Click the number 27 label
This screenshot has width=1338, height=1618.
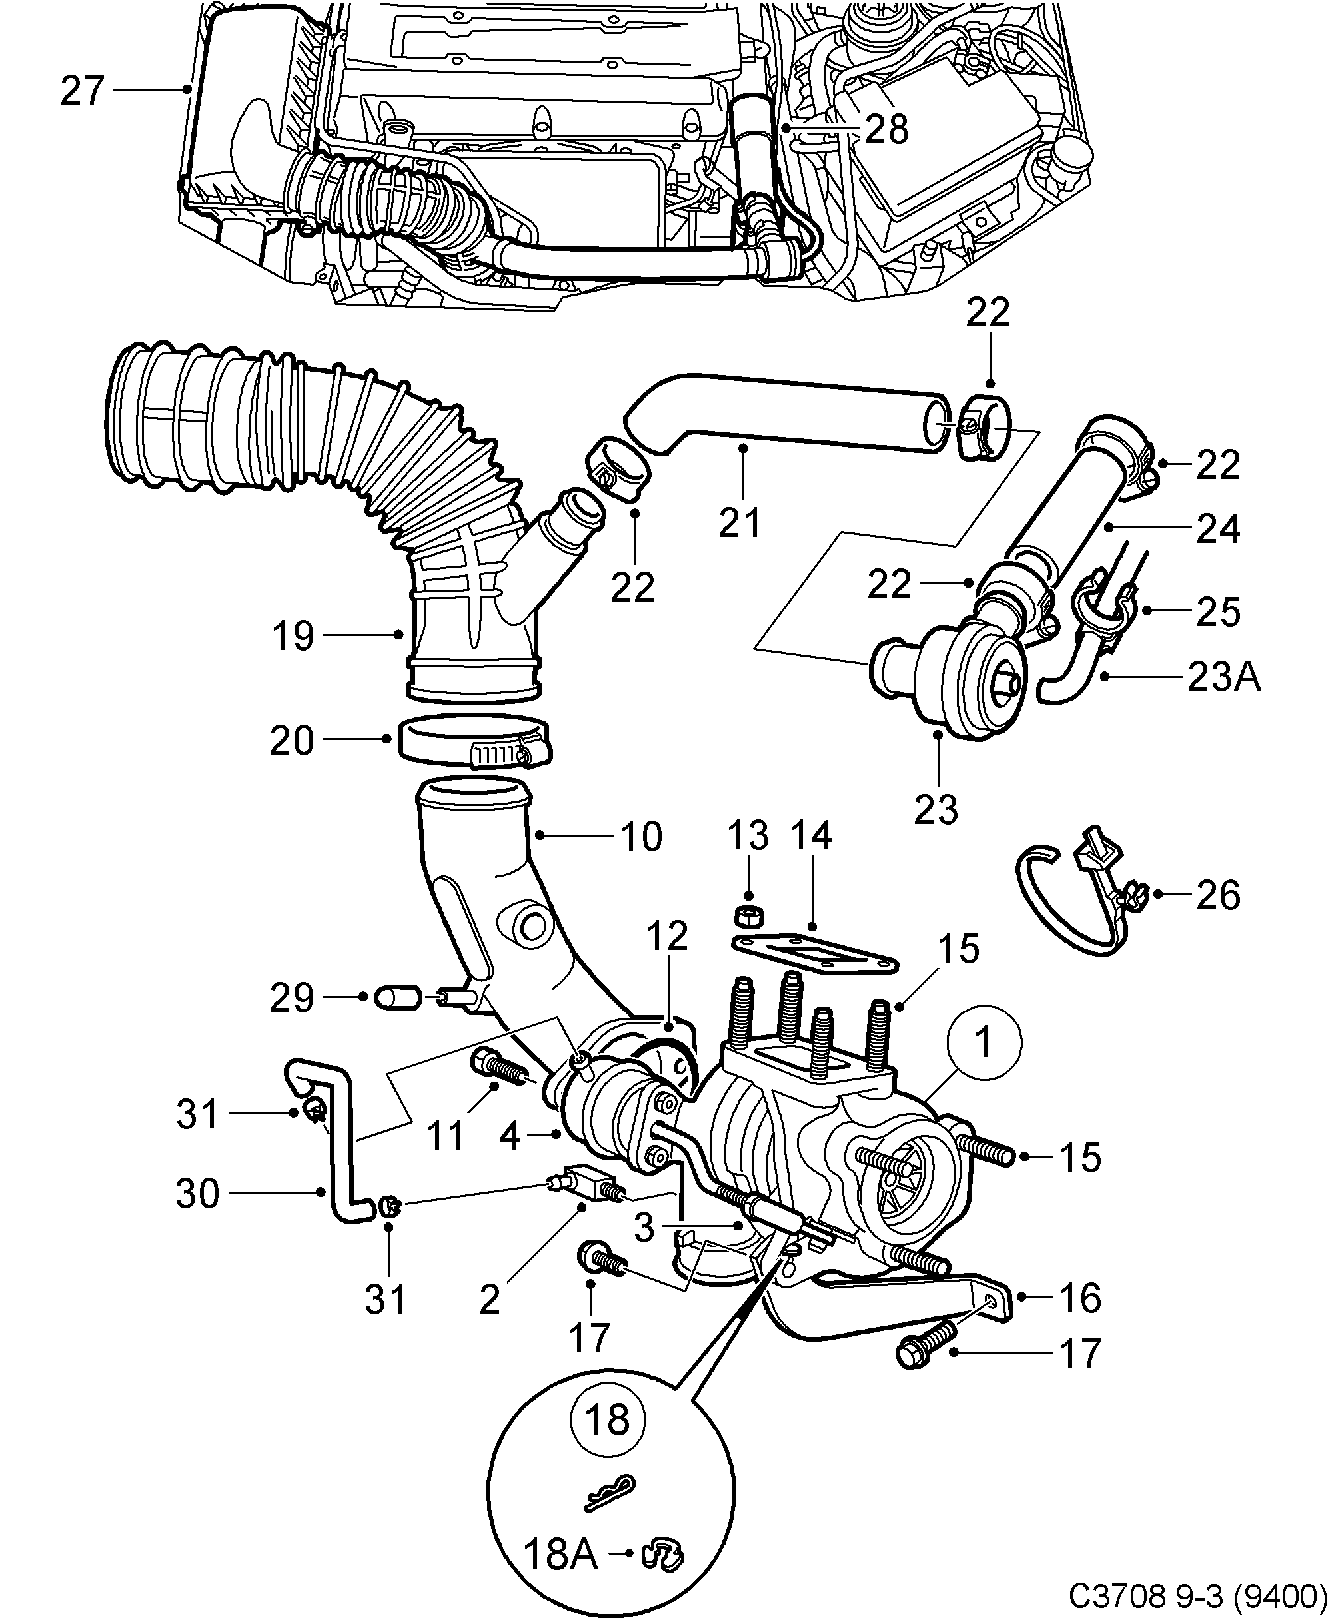[82, 91]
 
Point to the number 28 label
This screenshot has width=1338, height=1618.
[886, 129]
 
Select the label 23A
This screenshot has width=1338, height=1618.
[1223, 677]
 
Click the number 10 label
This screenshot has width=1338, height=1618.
[640, 837]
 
